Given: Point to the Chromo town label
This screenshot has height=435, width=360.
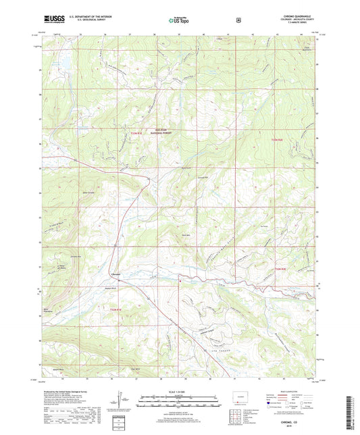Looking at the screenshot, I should tap(115, 273).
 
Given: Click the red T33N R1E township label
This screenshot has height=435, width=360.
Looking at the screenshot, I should tap(136, 140).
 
